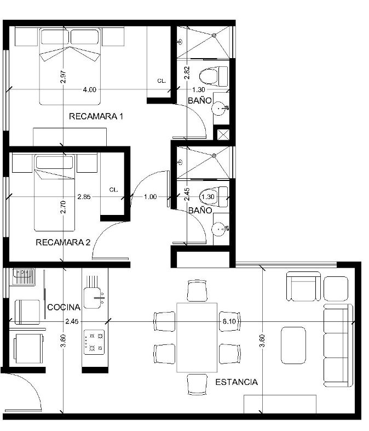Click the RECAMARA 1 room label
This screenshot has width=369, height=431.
(96, 116)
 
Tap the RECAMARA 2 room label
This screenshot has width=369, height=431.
(63, 242)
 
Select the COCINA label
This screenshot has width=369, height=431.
(64, 307)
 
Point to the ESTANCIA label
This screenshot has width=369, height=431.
(237, 382)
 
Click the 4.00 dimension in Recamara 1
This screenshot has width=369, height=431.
(90, 89)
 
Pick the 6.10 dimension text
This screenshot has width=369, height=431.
(229, 321)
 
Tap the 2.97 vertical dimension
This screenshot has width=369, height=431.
(64, 77)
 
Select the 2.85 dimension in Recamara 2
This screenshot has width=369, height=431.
(84, 197)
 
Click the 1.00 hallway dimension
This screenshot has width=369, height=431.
(151, 197)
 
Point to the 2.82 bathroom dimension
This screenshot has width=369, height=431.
(187, 72)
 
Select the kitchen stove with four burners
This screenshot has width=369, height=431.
(94, 342)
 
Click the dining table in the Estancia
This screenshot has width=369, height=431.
(197, 338)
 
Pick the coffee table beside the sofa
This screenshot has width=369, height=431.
(293, 345)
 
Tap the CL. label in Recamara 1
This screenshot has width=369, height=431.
(162, 81)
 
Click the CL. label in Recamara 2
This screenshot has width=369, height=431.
(113, 190)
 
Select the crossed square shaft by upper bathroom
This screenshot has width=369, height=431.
(223, 135)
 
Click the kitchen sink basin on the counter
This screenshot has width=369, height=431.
(92, 298)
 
